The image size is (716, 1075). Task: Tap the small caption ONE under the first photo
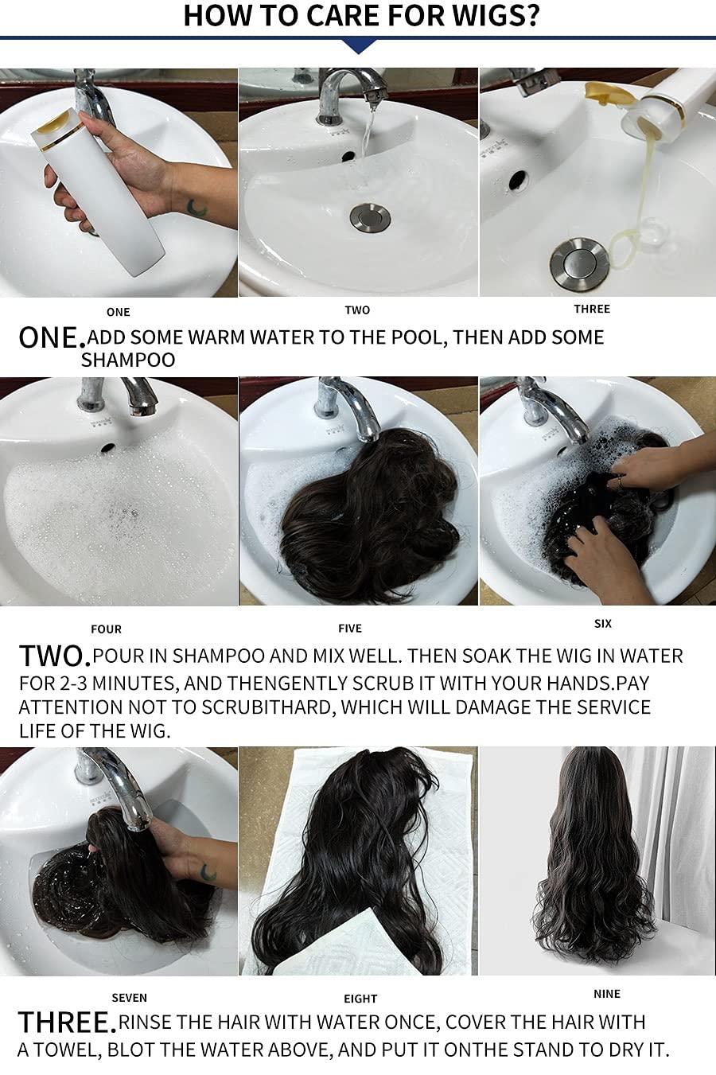[118, 312]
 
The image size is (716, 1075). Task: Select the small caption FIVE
[350, 628]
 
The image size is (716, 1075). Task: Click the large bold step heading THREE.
[67, 1022]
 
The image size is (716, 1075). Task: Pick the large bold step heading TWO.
[54, 656]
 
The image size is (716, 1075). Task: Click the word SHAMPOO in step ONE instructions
[128, 360]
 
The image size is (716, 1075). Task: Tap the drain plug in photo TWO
[370, 217]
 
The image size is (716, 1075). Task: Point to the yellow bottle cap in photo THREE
[605, 92]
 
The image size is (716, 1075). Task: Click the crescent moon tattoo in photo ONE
[197, 208]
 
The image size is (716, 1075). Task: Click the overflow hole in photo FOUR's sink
[107, 448]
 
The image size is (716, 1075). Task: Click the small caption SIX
[603, 623]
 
